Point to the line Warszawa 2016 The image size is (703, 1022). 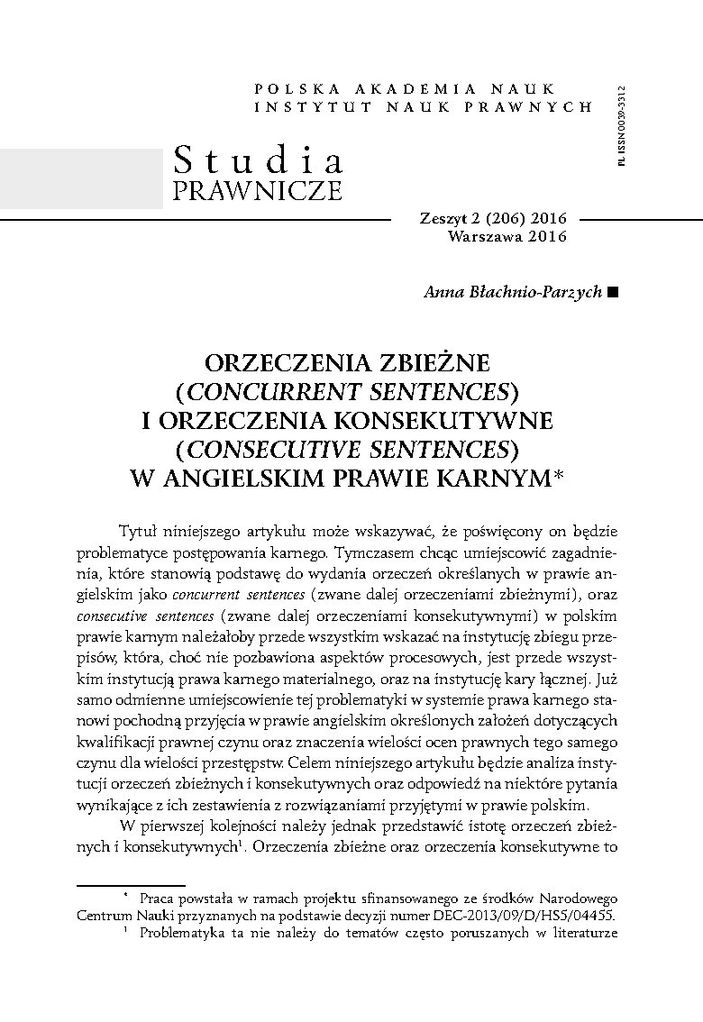point(506,237)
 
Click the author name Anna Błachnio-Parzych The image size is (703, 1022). point(512,292)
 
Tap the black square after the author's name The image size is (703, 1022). point(614,292)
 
